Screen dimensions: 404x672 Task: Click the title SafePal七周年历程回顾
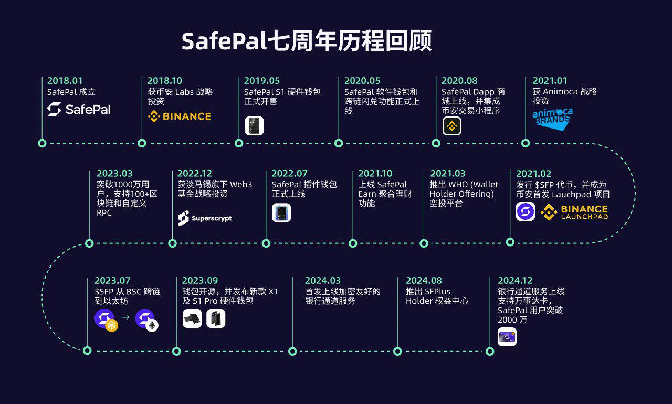(307, 41)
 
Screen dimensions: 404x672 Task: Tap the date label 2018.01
(65, 81)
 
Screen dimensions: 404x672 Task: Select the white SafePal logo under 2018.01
(79, 110)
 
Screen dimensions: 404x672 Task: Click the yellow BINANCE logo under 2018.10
(180, 116)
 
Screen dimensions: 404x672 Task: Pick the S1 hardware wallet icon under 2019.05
(254, 126)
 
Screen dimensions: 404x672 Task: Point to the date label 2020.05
(362, 81)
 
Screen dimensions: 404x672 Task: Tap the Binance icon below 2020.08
(451, 126)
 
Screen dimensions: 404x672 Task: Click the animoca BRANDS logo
(552, 119)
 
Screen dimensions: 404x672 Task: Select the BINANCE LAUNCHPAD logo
(574, 212)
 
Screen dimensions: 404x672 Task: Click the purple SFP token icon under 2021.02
(526, 211)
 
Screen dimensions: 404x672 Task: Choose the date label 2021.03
(448, 174)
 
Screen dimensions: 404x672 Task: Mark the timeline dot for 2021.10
(353, 243)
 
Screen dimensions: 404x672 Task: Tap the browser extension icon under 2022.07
(281, 212)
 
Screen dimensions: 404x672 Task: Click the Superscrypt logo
(205, 218)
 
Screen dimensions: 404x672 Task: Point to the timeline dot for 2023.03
(89, 243)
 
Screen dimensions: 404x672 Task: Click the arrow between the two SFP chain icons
(125, 317)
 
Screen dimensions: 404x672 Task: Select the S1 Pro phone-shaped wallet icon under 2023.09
(216, 318)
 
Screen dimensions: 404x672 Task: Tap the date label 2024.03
(323, 281)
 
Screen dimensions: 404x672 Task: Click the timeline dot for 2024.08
(397, 351)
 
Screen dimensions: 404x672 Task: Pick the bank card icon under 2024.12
(507, 337)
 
